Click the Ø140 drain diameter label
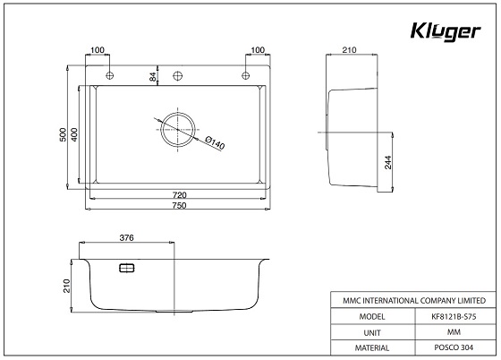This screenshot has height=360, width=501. (214, 141)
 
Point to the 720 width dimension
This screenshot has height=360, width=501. (178, 194)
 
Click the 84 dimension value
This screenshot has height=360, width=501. (153, 77)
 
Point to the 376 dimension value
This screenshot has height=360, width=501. (126, 238)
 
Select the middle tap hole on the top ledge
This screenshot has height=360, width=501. (178, 73)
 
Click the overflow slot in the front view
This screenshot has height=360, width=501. (126, 267)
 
